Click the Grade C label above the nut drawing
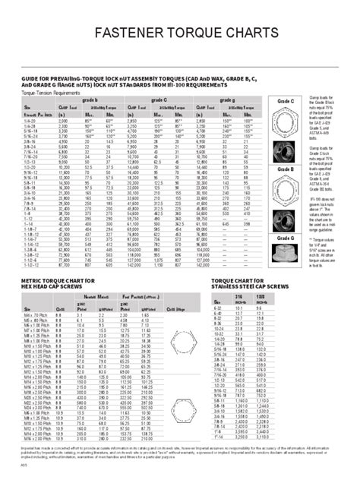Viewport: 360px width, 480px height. [x=286, y=101]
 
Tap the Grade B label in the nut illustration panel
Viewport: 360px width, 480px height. [x=286, y=169]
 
